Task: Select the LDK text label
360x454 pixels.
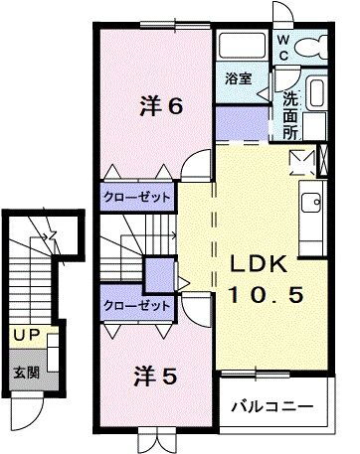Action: pyautogui.click(x=260, y=265)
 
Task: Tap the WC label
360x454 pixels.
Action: pyautogui.click(x=283, y=48)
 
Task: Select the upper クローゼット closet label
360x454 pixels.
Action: pyautogui.click(x=138, y=197)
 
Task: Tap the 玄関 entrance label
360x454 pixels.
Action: pyautogui.click(x=25, y=373)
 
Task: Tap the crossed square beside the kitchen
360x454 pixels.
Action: pyautogui.click(x=299, y=159)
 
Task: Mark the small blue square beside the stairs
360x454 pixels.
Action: pyautogui.click(x=157, y=273)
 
